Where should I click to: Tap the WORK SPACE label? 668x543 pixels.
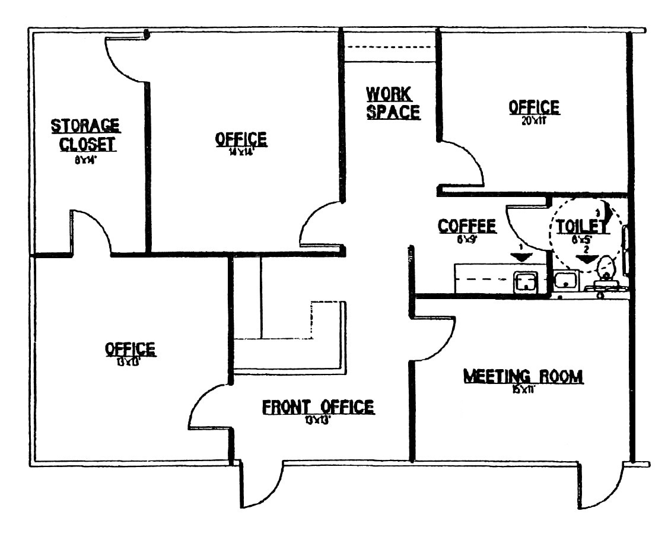[393, 103]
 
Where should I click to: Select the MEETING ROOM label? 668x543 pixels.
[523, 376]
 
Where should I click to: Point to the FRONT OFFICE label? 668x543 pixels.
[318, 407]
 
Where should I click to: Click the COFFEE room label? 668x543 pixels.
[466, 226]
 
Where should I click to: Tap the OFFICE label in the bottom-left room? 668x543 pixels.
[130, 349]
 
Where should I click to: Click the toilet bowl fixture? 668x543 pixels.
[606, 269]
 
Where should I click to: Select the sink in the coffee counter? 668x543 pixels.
[526, 281]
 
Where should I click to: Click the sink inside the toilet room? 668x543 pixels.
[567, 279]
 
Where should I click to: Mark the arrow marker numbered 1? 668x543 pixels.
[520, 256]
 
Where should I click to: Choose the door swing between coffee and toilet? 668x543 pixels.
[525, 228]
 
